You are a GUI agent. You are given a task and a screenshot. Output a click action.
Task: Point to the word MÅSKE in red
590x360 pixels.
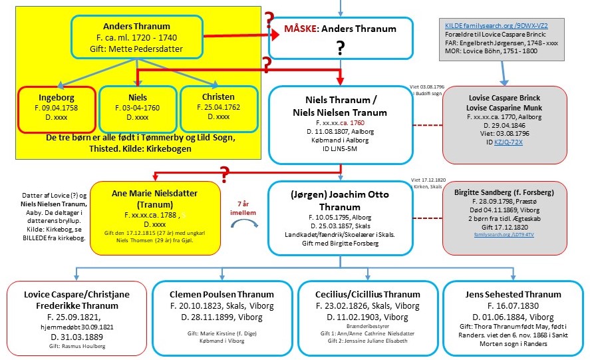pos(303,29)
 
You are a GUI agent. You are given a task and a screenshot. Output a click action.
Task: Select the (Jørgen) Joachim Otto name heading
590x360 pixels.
pos(340,196)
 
